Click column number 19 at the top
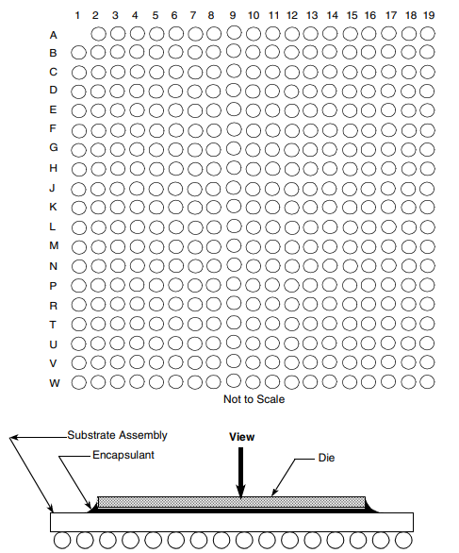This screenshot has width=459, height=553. click(x=429, y=15)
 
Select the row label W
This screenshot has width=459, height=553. click(x=55, y=383)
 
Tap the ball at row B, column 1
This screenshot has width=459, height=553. click(x=78, y=53)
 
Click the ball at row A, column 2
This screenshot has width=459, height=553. click(x=98, y=34)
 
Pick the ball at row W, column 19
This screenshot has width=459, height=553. click(x=427, y=381)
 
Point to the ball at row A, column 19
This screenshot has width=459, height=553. click(x=427, y=34)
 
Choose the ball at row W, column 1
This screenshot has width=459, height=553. click(x=78, y=382)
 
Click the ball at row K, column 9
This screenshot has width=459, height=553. click(x=233, y=206)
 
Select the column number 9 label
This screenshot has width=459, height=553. click(x=233, y=15)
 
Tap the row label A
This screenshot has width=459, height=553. click(x=53, y=35)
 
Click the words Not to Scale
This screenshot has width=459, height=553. click(x=254, y=399)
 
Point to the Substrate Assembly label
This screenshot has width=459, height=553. click(x=117, y=435)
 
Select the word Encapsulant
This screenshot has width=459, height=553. click(x=123, y=455)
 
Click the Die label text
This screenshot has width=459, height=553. click(x=326, y=458)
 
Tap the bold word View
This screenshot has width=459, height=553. click(x=241, y=437)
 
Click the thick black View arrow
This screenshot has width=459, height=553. click(x=240, y=473)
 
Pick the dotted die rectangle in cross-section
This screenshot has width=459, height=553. click(x=232, y=502)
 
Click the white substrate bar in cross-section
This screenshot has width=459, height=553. click(x=232, y=522)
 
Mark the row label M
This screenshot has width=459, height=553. click(x=54, y=245)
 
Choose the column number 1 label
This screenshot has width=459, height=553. click(x=77, y=15)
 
